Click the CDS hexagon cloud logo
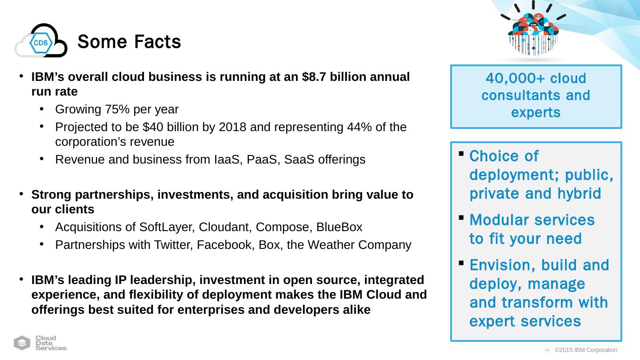coord(41,41)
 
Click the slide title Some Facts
coord(129,42)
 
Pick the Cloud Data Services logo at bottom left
coord(41,343)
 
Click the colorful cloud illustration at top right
coord(533,31)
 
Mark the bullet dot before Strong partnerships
coord(21,194)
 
